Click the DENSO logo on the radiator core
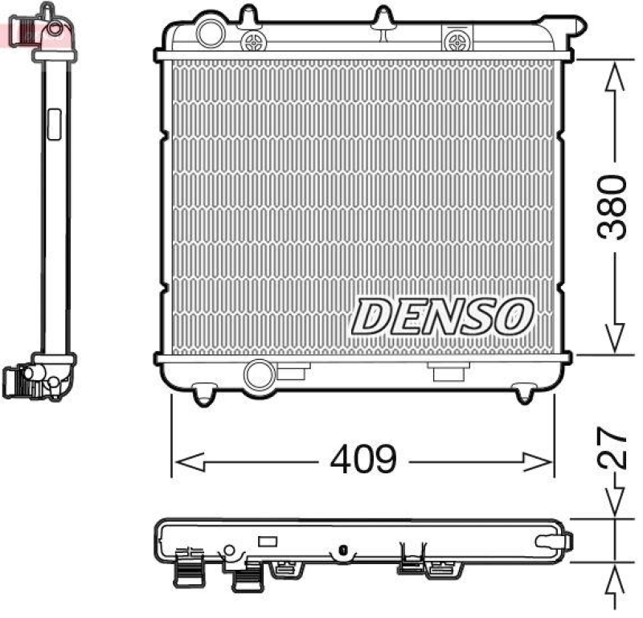(x=443, y=316)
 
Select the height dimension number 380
(x=612, y=207)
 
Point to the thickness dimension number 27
(x=612, y=448)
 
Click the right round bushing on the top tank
(x=460, y=39)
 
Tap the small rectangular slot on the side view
(x=55, y=125)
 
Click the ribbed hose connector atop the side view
(x=23, y=31)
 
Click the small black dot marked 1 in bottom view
(x=342, y=551)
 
